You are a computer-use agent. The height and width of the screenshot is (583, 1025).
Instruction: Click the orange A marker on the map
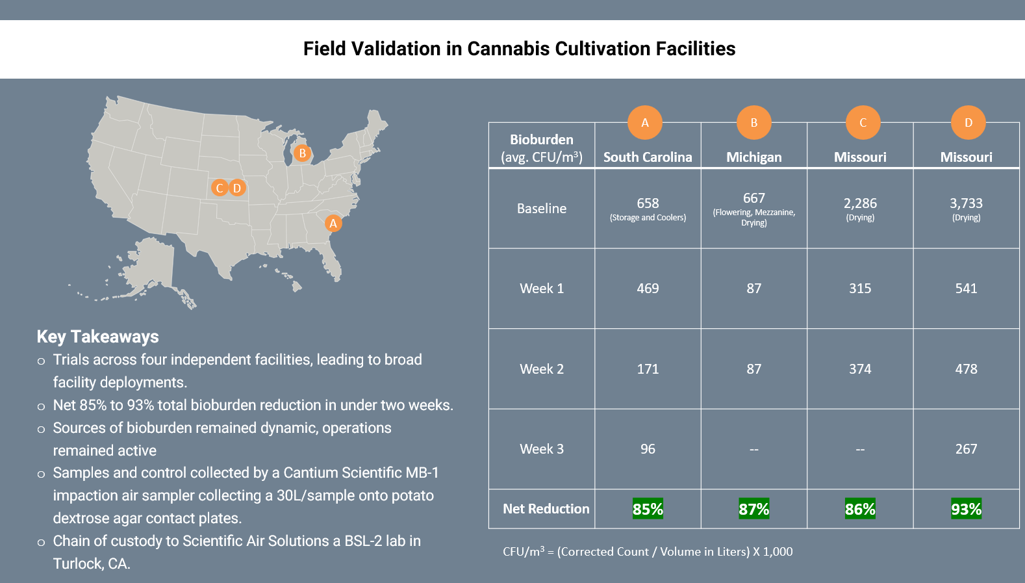(x=333, y=224)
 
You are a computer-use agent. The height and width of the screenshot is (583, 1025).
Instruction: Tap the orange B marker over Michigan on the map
(x=302, y=154)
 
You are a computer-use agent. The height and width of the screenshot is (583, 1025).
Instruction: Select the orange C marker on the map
(x=220, y=188)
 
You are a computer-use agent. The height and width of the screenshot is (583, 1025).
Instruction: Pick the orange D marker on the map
(x=237, y=188)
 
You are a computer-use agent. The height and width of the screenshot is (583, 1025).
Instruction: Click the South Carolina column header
(x=648, y=157)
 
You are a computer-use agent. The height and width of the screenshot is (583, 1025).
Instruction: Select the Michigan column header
(x=753, y=157)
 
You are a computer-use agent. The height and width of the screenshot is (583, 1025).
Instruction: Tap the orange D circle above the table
(x=968, y=123)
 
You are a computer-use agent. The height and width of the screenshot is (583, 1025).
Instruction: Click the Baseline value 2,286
(x=860, y=203)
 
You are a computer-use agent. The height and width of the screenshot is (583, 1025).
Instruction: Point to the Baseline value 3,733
(x=966, y=203)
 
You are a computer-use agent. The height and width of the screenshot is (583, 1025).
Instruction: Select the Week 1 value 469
(x=648, y=289)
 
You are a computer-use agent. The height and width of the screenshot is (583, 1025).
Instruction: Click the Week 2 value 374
(x=860, y=369)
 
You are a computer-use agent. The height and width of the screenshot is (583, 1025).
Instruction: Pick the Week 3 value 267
(x=966, y=449)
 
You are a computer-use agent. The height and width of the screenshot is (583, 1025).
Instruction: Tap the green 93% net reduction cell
(x=966, y=509)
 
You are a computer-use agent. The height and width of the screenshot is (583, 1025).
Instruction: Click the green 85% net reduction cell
(x=648, y=509)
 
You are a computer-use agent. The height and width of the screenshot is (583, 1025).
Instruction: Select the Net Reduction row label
(x=546, y=509)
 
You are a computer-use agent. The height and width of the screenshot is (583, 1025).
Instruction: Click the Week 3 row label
(x=542, y=449)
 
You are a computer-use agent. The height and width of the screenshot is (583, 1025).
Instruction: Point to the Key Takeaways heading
(x=97, y=337)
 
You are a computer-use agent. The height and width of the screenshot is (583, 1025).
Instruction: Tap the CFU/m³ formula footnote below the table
(x=648, y=552)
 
